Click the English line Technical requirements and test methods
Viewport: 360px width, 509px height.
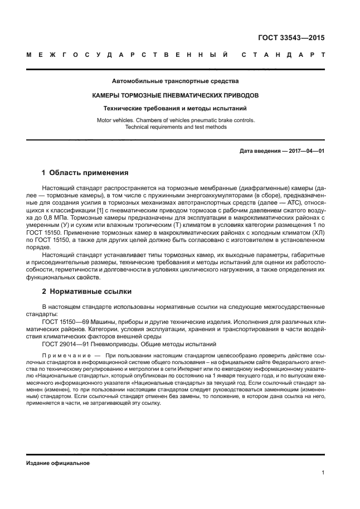(176, 127)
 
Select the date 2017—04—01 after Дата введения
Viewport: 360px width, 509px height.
(305, 151)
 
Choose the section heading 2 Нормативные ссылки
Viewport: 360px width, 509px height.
(89, 291)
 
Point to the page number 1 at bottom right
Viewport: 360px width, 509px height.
(323, 473)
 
